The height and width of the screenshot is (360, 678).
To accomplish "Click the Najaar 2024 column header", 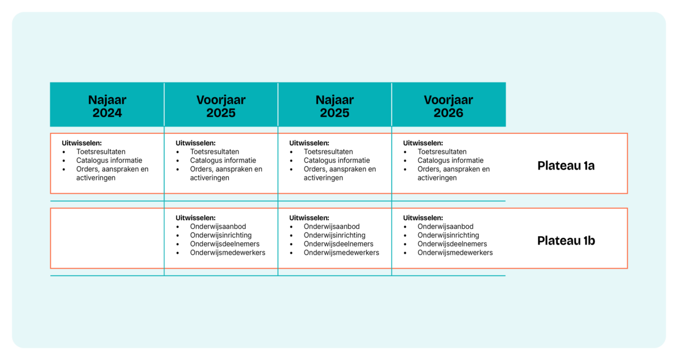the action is (107, 106).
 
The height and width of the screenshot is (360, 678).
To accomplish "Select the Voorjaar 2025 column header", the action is (221, 106).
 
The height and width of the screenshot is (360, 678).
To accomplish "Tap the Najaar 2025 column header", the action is (334, 106).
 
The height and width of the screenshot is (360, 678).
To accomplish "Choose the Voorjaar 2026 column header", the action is (448, 106).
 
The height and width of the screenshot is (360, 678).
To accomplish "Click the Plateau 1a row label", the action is (566, 166).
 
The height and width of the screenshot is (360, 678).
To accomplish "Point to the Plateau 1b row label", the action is (566, 241).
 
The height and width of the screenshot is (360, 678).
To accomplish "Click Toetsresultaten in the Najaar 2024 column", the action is (101, 151).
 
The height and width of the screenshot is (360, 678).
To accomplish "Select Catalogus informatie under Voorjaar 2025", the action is (223, 160).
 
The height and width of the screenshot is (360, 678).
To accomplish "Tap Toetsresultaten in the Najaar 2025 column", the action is (328, 151).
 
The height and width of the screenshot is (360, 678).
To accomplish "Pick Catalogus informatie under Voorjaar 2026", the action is (451, 160).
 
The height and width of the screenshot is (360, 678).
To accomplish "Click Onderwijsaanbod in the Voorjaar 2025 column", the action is (218, 227).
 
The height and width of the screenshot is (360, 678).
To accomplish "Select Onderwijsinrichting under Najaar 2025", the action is (334, 235).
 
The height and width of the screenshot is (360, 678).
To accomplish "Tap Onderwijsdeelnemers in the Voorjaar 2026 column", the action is (452, 244).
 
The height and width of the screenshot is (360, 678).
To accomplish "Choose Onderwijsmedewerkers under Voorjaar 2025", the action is (228, 253).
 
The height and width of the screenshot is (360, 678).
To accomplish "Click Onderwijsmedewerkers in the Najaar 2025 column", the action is (341, 253).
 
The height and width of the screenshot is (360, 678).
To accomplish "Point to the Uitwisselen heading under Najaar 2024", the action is (82, 143).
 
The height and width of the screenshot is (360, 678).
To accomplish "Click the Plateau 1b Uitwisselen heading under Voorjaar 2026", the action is (423, 218).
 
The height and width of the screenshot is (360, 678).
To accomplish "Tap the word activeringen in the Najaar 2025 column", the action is (323, 177).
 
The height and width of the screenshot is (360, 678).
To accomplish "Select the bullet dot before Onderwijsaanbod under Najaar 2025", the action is (291, 227).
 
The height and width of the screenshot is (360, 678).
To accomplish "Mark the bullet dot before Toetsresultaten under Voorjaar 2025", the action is (177, 152).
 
